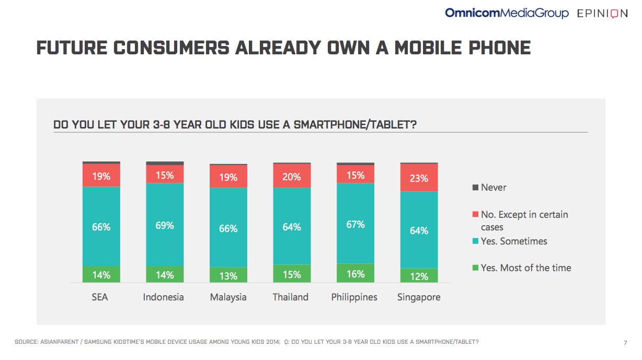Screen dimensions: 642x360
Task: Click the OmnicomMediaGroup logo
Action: pos(507,13)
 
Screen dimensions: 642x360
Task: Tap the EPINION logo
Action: pos(602,14)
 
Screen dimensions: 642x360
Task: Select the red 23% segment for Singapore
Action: pos(419,178)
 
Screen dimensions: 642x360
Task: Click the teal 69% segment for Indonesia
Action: pos(165,225)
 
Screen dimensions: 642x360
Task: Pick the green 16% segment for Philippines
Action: pos(356,273)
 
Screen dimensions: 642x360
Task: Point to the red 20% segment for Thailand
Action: pos(292,176)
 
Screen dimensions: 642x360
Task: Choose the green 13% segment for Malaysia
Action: pos(228,275)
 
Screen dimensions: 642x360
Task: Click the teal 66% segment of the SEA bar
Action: pos(101,227)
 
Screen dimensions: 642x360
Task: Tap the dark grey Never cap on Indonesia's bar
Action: pos(165,163)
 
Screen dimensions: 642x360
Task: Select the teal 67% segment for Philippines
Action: pos(356,224)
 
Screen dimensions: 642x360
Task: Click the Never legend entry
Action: pos(489,187)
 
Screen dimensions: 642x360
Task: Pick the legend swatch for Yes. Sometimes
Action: pos(475,241)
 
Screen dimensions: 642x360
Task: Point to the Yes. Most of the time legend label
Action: pos(526,268)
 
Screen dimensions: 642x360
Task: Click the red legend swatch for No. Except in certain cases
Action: pos(475,214)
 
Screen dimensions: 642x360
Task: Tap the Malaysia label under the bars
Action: pos(228,297)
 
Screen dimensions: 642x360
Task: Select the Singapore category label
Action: pos(419,297)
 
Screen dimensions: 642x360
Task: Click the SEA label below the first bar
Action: pos(100,297)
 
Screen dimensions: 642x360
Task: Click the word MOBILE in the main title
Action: pos(428,48)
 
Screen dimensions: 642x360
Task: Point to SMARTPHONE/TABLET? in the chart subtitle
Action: pos(355,124)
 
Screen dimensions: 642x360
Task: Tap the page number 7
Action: pos(625,343)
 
